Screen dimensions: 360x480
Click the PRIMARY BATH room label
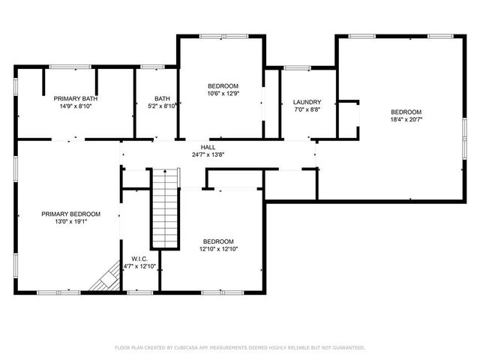pos(75,98)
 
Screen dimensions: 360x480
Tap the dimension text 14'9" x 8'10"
pos(75,106)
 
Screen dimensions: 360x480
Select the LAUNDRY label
pos(307,102)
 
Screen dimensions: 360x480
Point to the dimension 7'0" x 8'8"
pos(307,110)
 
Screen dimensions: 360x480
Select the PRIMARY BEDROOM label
pos(66,214)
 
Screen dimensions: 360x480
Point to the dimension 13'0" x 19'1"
pos(66,223)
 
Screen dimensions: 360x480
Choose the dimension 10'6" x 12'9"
pos(223,94)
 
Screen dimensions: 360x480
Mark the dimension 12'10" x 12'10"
pos(218,249)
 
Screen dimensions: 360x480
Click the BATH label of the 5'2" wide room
pos(163,98)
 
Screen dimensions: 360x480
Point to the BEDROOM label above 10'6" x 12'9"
pos(223,85)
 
